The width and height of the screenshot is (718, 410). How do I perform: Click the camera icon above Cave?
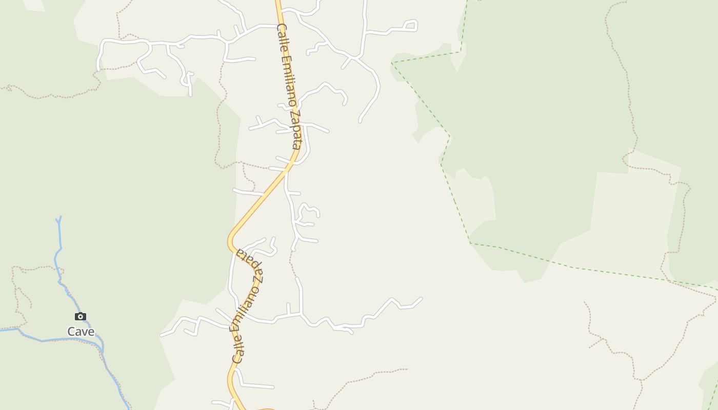pyautogui.click(x=81, y=316)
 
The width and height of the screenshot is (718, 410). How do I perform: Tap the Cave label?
pyautogui.click(x=81, y=332)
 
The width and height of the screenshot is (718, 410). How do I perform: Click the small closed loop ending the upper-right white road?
pyautogui.click(x=411, y=25)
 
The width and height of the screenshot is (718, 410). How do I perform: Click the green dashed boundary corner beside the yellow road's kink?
pyautogui.click(x=441, y=164)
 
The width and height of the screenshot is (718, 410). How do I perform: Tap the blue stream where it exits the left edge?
pyautogui.click(x=1, y=331)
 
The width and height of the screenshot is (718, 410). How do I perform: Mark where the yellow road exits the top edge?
pyautogui.click(x=277, y=2)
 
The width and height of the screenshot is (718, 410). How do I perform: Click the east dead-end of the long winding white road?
pyautogui.click(x=421, y=298)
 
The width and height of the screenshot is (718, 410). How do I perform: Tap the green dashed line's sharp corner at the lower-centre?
pyautogui.click(x=470, y=243)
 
